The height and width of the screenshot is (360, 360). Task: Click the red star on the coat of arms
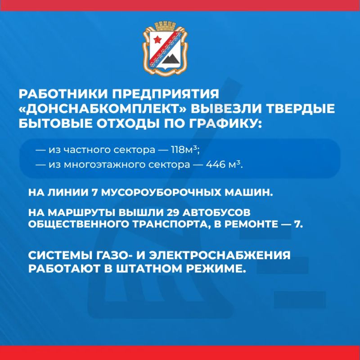coord(157,40)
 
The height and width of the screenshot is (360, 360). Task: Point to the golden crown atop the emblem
coord(165,26)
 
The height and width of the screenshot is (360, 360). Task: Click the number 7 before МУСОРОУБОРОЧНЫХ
coord(94,193)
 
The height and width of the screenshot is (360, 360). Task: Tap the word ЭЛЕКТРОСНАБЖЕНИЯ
coord(220,255)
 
